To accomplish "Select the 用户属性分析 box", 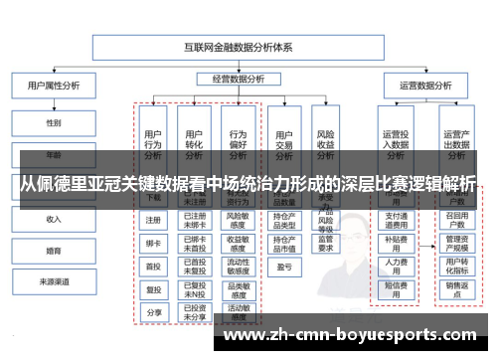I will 53,87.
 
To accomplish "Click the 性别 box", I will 53,122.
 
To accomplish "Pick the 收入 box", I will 53,218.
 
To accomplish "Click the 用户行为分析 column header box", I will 153,144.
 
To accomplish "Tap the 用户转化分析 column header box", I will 195,144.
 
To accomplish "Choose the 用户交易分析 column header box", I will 283,144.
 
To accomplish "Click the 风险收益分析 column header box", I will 325,144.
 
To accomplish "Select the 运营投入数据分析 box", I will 397,144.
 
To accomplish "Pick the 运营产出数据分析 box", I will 456,144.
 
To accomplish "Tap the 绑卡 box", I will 153,243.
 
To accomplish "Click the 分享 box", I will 153,312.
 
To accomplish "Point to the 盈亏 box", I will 283,266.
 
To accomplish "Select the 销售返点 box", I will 456,289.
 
